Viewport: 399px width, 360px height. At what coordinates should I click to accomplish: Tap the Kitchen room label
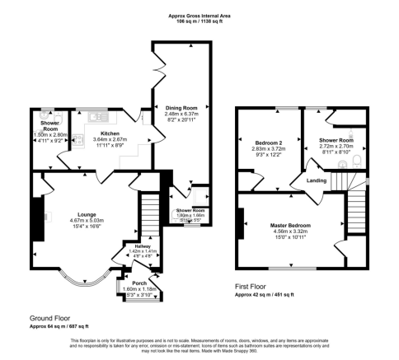coord(110,133)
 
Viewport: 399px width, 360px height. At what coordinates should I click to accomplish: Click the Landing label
coord(317,180)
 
